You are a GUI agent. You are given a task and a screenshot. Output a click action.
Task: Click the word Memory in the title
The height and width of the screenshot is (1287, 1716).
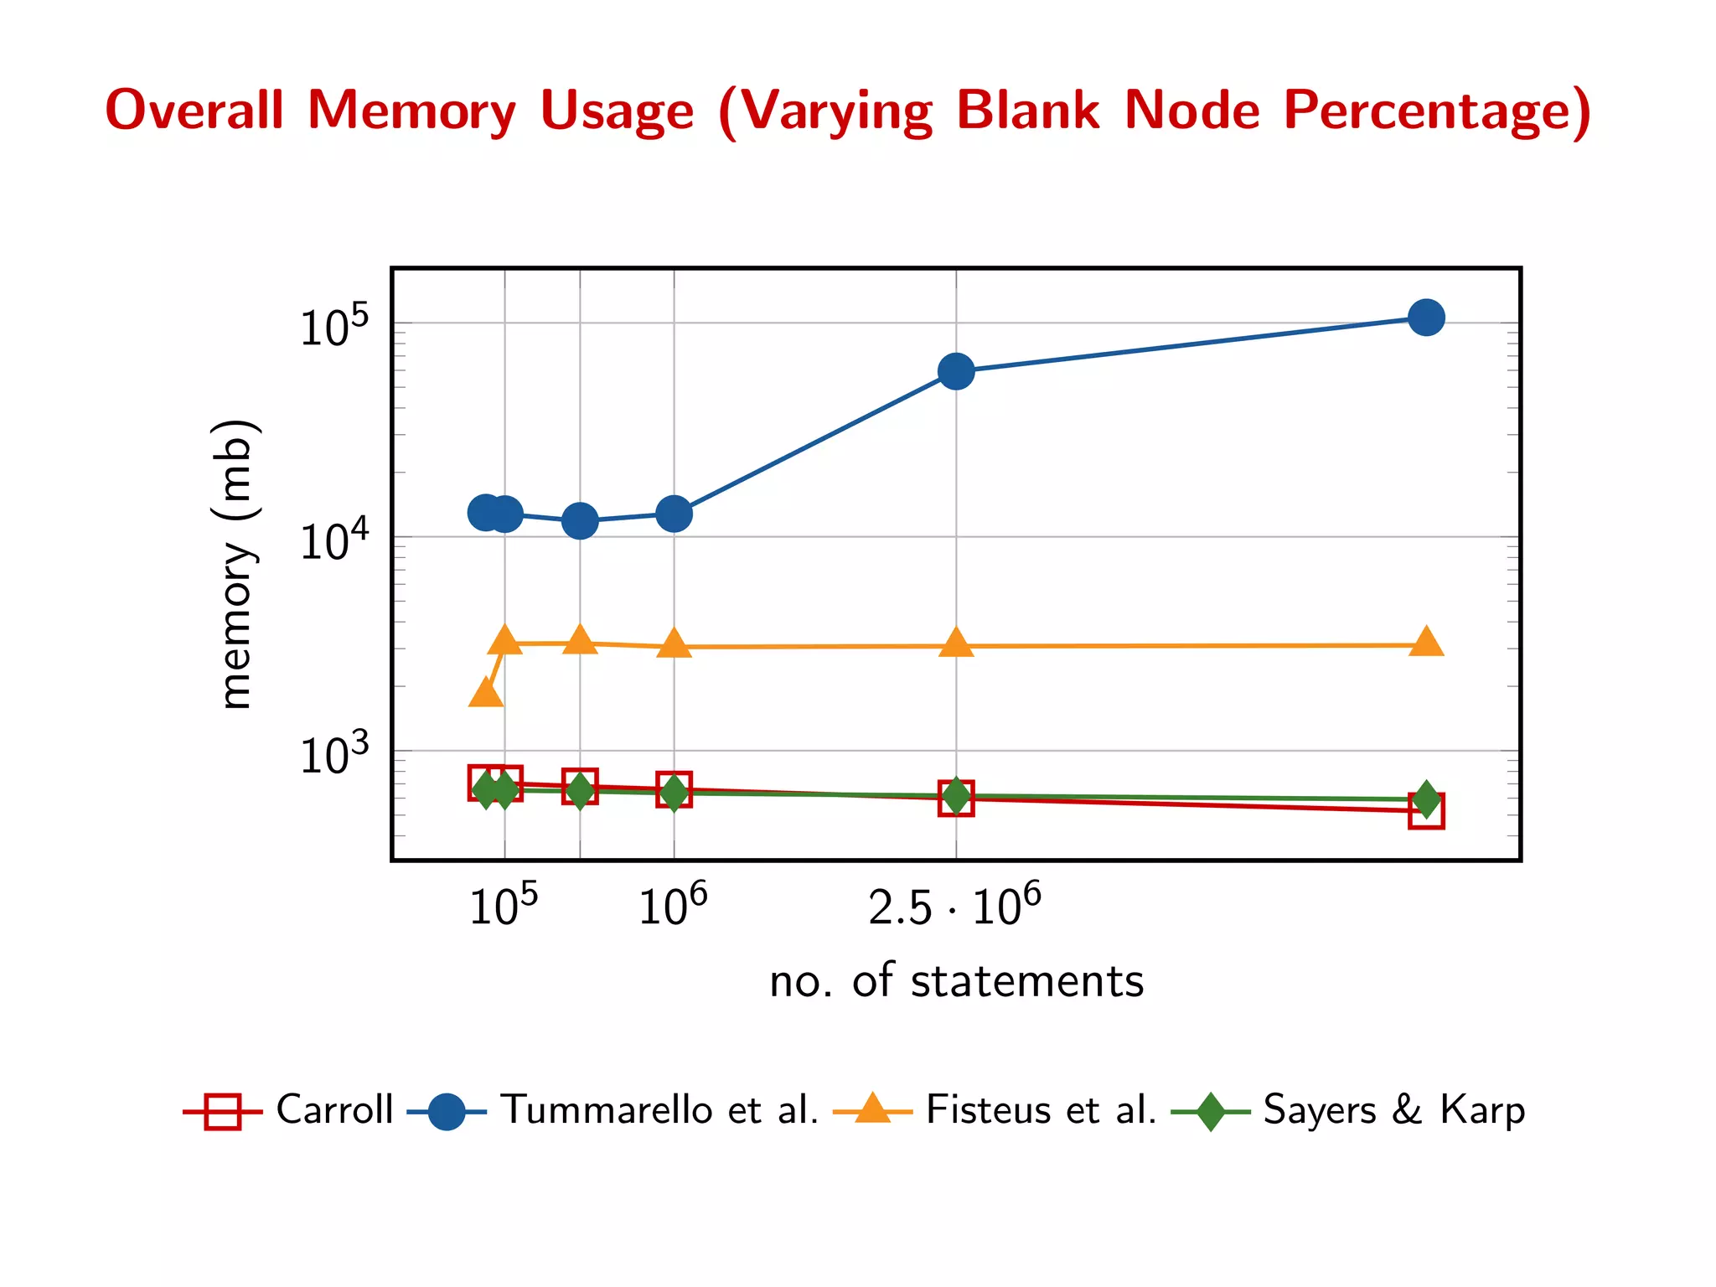(x=411, y=111)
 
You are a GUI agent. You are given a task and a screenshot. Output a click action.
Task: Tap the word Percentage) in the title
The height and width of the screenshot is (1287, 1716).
(x=1436, y=111)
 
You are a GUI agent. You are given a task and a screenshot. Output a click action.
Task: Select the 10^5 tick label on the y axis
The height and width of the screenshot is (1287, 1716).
(x=333, y=327)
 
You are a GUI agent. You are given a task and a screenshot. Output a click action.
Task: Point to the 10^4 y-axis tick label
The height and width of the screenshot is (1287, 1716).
(x=333, y=540)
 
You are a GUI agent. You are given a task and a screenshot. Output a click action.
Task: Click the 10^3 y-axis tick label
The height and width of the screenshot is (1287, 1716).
(x=333, y=754)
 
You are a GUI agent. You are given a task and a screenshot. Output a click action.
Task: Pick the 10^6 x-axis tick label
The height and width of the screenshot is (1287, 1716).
(x=673, y=906)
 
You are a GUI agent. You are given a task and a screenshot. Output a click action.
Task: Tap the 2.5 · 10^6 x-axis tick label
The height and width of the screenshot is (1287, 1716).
(x=954, y=906)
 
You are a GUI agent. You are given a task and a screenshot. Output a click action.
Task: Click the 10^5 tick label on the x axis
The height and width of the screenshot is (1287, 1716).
(x=504, y=906)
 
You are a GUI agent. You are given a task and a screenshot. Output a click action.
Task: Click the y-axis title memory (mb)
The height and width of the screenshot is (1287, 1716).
(x=234, y=564)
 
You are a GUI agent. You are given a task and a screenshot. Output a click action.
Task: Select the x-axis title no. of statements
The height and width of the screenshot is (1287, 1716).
(x=956, y=981)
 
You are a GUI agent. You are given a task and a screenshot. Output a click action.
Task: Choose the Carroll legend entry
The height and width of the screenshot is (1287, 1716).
(x=334, y=1110)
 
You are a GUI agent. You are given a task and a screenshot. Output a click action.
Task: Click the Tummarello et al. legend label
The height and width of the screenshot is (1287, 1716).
(x=659, y=1110)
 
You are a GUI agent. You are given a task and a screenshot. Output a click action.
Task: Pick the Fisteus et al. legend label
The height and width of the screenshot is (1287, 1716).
(x=1041, y=1110)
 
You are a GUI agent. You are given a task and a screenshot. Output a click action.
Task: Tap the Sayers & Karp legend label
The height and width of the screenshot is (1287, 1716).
(x=1393, y=1110)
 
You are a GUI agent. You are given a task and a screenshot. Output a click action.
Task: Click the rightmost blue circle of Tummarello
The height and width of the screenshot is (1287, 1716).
(x=1426, y=318)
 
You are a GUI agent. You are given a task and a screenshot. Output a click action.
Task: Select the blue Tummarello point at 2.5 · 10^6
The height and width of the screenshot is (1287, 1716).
(x=956, y=371)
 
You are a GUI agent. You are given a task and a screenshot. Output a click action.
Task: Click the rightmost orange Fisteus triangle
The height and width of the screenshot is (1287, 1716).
(x=1426, y=643)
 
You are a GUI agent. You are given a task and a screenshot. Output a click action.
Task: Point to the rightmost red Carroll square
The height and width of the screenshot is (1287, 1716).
(x=1426, y=811)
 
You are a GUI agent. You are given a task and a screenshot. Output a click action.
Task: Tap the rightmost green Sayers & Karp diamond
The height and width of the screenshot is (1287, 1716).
(x=1426, y=799)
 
